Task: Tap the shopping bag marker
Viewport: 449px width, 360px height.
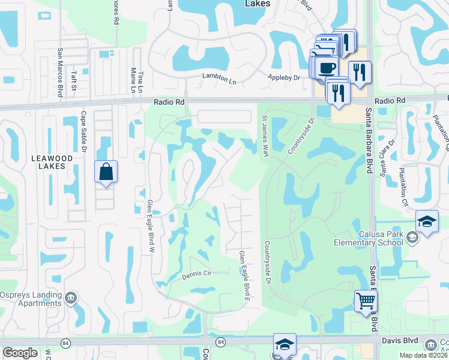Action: (106, 172)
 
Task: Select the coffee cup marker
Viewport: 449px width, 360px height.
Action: (327, 68)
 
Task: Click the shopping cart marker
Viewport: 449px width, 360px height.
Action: (366, 301)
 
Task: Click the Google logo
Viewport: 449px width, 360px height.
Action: (20, 353)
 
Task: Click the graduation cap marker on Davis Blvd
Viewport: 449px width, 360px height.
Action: (285, 345)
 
